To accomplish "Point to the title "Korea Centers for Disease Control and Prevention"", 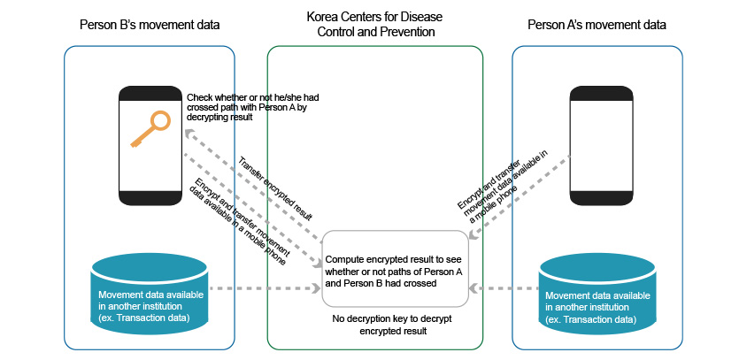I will tap(375, 24).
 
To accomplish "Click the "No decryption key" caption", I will tap(380, 325).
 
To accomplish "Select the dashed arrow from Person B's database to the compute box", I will tap(266, 288).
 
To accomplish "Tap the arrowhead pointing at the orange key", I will tap(190, 133).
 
